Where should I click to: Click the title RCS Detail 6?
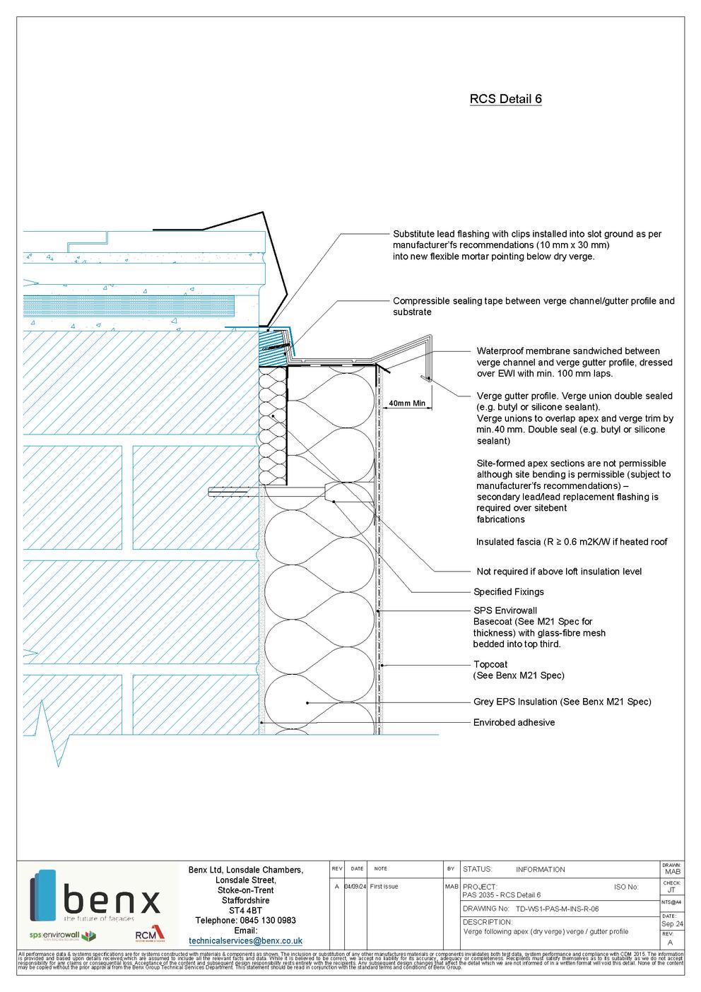tap(505, 100)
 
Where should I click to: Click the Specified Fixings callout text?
tap(508, 592)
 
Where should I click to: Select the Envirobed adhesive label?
tap(514, 723)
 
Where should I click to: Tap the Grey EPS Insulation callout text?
tap(562, 702)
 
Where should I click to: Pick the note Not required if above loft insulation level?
tap(559, 572)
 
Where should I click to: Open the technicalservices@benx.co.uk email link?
tap(245, 941)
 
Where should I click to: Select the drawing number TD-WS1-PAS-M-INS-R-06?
tap(557, 909)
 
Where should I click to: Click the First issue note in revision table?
tap(384, 887)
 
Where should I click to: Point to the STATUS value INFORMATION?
tap(540, 870)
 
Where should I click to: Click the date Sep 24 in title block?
tap(671, 924)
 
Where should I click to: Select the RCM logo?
tap(149, 936)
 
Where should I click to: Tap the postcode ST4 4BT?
tap(245, 911)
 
